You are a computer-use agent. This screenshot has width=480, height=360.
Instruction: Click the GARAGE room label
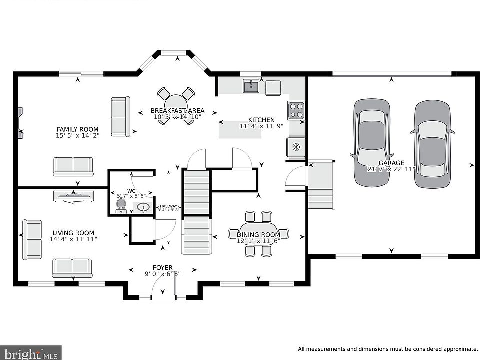[391, 163]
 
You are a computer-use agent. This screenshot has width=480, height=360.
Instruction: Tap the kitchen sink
[251, 86]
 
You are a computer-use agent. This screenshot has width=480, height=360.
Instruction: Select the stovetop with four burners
[296, 110]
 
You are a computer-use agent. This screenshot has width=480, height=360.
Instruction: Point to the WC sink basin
[143, 208]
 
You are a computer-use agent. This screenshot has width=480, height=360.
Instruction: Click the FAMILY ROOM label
[78, 129]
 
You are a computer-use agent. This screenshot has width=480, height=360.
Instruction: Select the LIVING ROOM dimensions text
[73, 239]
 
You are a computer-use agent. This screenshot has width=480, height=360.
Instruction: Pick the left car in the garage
[372, 142]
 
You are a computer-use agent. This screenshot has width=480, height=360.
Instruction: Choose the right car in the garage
[432, 144]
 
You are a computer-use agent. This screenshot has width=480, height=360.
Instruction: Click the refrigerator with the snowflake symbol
[296, 147]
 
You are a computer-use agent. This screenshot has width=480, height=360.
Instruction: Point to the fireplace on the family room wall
[20, 123]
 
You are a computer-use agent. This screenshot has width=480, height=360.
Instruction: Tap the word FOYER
[163, 268]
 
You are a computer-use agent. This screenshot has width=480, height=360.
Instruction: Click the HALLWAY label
[168, 206]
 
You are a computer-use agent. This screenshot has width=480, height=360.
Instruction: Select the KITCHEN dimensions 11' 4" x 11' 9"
[261, 126]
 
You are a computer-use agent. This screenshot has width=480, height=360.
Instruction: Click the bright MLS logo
[30, 353]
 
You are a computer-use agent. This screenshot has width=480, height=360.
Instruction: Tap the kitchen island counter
[240, 129]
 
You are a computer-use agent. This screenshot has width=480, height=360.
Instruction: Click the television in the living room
[74, 196]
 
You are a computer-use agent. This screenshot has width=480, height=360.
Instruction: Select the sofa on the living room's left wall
[32, 240]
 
